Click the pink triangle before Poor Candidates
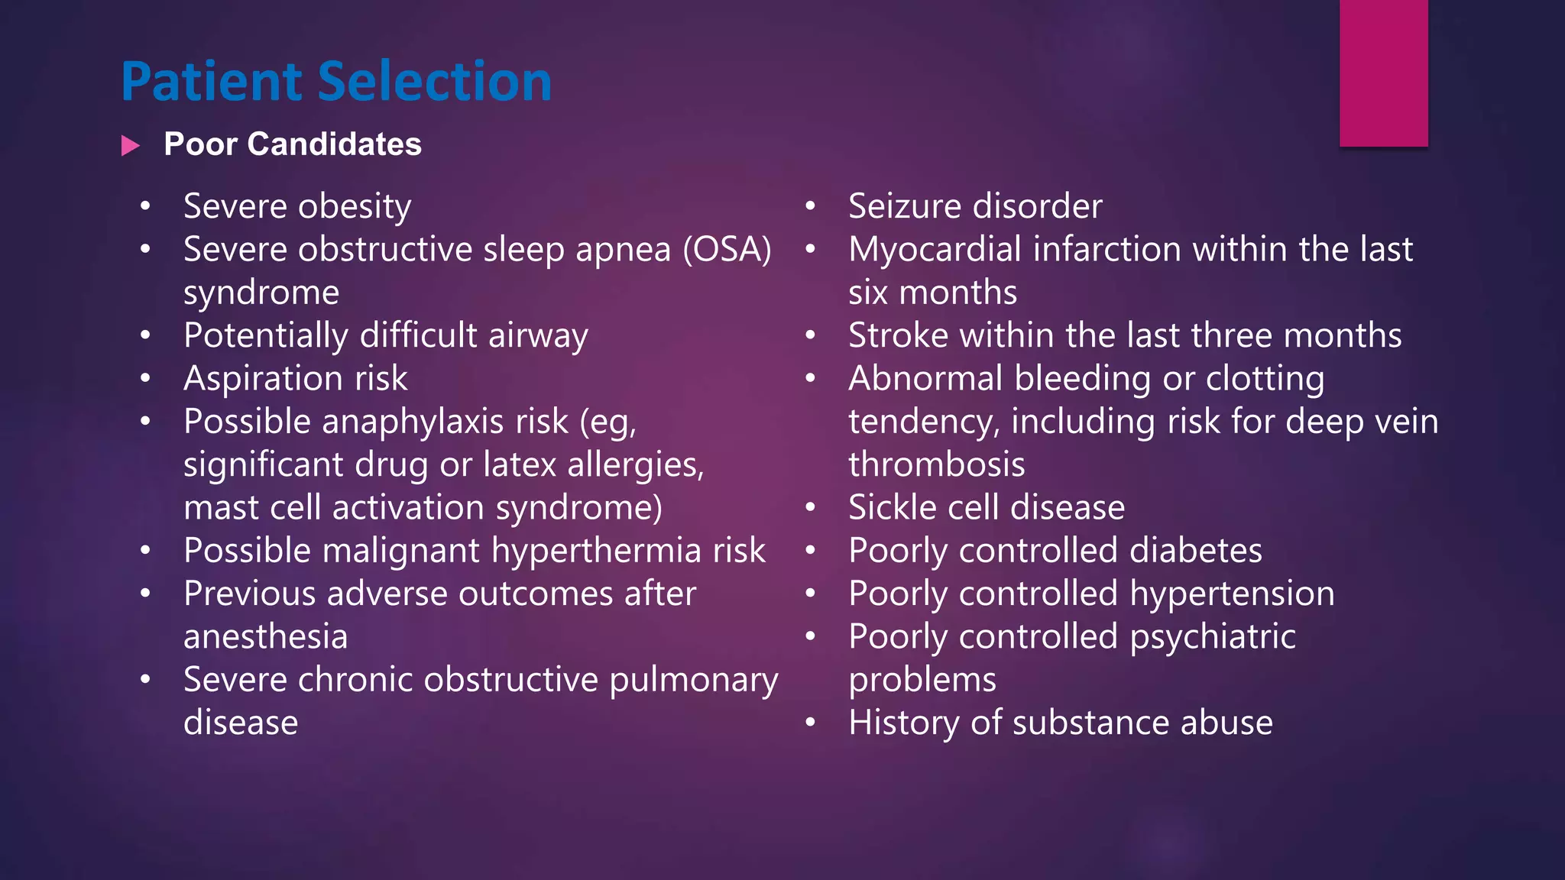(131, 145)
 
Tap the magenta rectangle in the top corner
(1383, 73)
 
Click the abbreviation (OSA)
(727, 250)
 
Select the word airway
(538, 336)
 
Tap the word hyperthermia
(596, 551)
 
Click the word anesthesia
(265, 637)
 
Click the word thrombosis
(936, 464)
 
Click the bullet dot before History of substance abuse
(811, 723)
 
